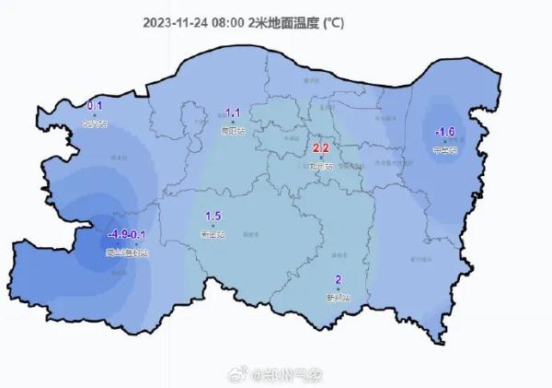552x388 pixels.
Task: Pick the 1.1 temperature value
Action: click(x=233, y=113)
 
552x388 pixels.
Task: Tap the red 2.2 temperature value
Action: click(x=321, y=147)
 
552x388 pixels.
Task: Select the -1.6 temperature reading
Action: click(x=445, y=132)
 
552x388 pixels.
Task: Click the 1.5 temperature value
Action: click(x=213, y=217)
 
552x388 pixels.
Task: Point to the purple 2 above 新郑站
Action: click(x=339, y=280)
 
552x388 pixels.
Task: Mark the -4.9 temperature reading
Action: click(x=119, y=234)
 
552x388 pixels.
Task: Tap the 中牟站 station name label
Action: click(x=444, y=149)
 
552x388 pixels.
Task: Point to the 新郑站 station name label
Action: click(x=340, y=297)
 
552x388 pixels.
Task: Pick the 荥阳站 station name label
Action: click(x=234, y=131)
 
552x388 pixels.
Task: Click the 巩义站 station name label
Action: click(x=95, y=123)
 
